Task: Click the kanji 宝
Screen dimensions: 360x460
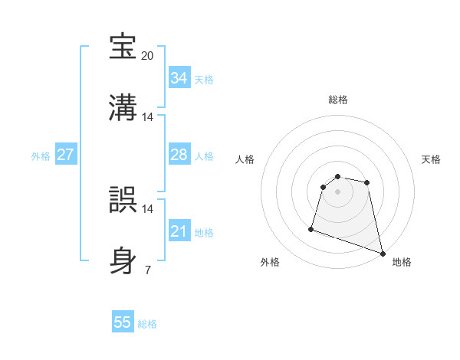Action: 124,46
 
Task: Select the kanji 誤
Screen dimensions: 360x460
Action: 124,198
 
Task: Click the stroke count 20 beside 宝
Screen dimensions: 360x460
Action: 148,56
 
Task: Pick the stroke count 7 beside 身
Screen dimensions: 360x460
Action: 148,270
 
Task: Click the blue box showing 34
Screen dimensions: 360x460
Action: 179,78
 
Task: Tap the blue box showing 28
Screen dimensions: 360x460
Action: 179,155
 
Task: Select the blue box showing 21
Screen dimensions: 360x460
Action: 179,231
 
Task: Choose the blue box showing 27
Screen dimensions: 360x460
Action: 65,155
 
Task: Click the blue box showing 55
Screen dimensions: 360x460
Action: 123,322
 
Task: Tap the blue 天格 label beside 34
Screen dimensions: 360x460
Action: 204,80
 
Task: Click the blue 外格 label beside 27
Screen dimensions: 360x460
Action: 41,156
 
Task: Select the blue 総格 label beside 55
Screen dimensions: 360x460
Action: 147,324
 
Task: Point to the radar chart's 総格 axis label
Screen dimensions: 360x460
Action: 338,100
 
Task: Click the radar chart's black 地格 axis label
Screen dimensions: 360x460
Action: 402,262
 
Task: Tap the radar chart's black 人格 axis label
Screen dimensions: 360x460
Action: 245,159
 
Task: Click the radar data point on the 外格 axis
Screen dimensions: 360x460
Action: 311,228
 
